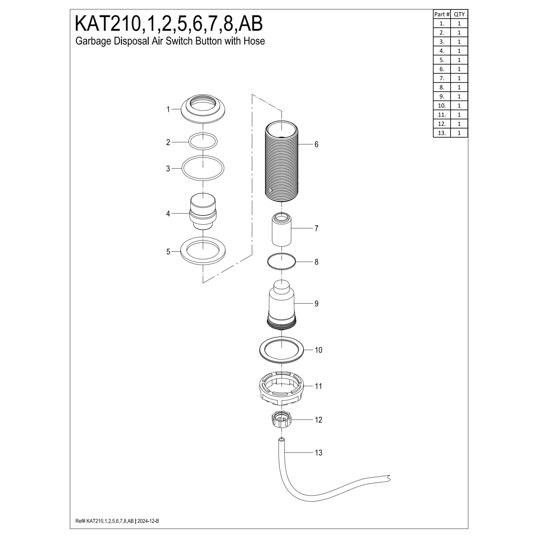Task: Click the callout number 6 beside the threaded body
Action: [316, 144]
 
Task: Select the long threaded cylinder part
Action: [281, 161]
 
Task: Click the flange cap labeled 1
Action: [203, 109]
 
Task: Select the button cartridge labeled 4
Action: [203, 212]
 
